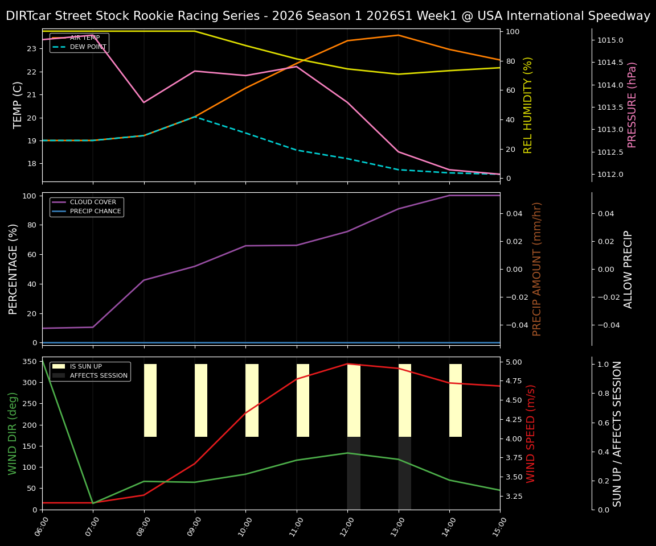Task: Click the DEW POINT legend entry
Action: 88,47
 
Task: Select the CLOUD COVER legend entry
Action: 93,202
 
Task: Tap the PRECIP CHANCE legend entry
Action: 95,211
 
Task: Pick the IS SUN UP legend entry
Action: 85,366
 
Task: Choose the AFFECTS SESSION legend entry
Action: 99,375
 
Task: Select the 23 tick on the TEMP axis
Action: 31,49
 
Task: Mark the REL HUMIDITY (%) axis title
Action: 528,105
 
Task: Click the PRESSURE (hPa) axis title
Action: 632,105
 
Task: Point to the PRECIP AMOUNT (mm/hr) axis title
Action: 537,268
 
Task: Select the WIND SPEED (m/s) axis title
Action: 531,433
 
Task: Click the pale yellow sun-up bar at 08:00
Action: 150,400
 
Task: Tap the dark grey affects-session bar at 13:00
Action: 405,473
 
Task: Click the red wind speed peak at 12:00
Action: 347,364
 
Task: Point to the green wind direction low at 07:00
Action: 93,503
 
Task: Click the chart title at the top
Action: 328,16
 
